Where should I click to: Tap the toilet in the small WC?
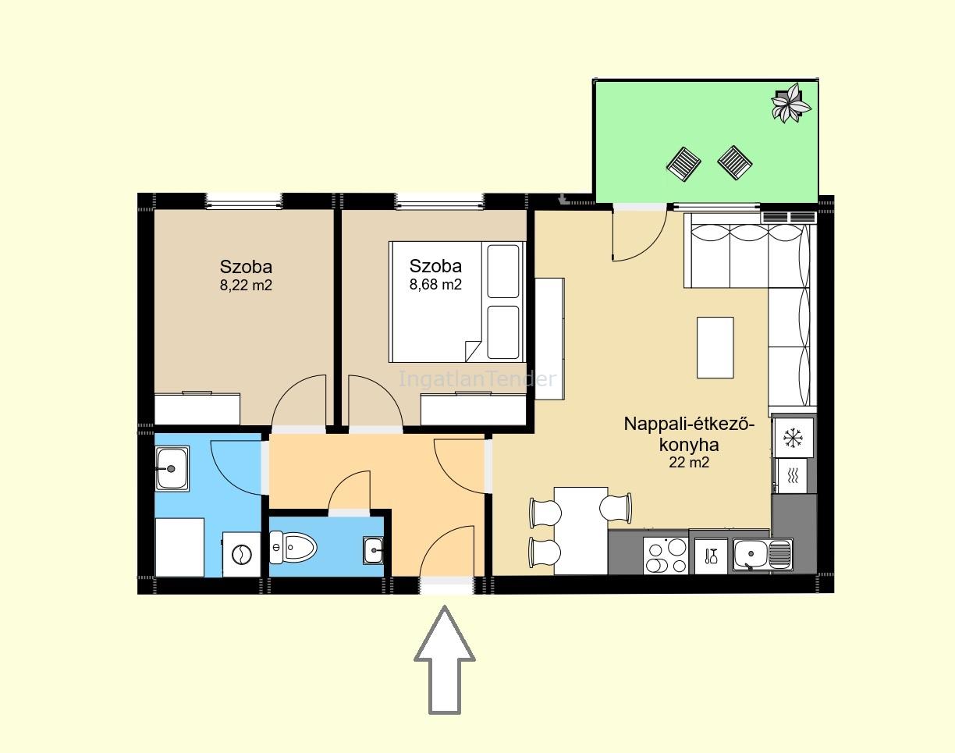tap(293, 547)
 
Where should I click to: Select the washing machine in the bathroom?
tap(241, 555)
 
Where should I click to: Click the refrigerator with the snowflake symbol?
tap(793, 438)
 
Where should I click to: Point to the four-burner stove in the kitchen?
tap(666, 556)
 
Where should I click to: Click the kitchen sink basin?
tap(762, 555)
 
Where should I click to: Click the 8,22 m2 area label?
tap(246, 285)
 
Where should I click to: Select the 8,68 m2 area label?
tap(435, 284)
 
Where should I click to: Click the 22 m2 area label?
tap(689, 462)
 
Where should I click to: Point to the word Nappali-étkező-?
tap(689, 424)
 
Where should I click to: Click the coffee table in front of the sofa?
tap(715, 348)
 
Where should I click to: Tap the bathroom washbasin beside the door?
tap(172, 468)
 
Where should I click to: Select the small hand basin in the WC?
tap(373, 551)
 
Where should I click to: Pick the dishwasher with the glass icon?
tap(711, 556)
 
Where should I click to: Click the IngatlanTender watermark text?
tap(477, 378)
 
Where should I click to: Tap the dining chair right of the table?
tap(616, 507)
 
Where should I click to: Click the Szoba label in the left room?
tap(246, 266)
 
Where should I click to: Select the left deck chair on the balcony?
tap(683, 165)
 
